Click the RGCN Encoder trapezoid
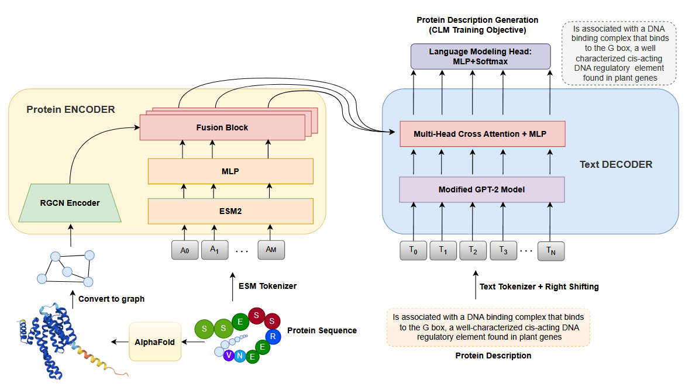70,203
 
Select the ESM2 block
230,211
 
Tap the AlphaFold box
155,341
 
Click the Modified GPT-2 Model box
481,189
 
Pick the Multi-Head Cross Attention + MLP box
481,134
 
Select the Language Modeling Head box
480,56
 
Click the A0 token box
185,250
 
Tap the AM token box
271,250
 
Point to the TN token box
550,251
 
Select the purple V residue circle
229,355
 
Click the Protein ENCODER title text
71,109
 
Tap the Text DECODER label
616,165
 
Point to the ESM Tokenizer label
267,286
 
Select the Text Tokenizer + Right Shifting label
539,287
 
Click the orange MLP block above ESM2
230,171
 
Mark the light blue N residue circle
240,356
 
